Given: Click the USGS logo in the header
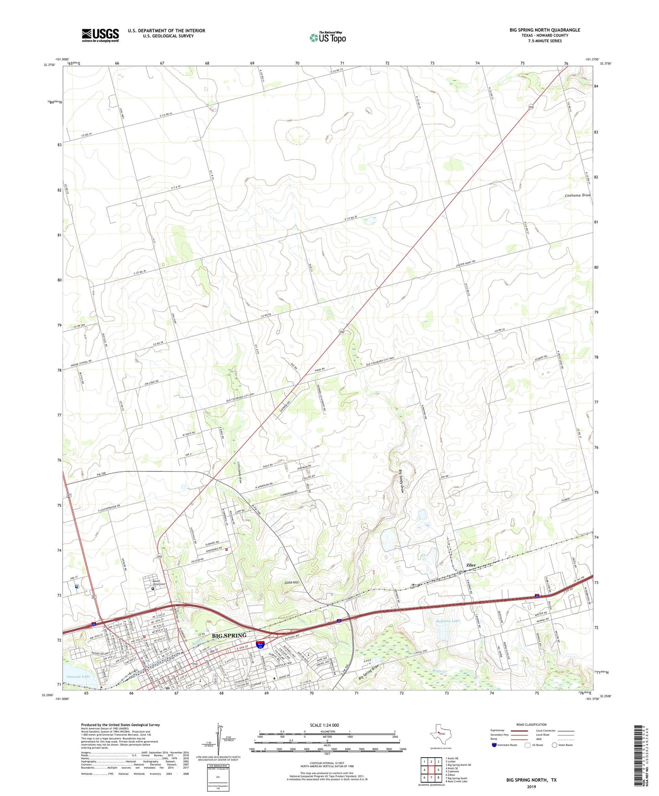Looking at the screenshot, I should coord(100,35).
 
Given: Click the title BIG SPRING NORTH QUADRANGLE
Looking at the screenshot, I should coord(545,30).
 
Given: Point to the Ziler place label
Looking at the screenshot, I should coord(471,565).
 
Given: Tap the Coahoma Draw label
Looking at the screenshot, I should coord(578,195).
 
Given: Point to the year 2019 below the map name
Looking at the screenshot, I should coord(531,786).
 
